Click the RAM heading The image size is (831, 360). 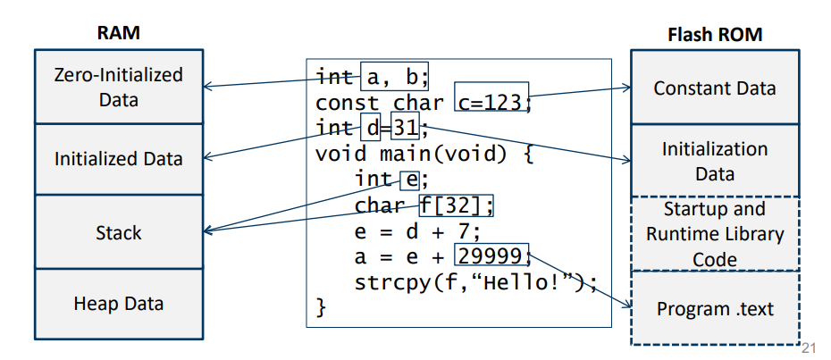click(x=119, y=33)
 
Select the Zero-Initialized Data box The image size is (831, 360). click(x=119, y=87)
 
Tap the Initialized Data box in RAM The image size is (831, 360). click(x=119, y=159)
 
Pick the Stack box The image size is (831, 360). click(x=119, y=233)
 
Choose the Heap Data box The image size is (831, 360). click(x=119, y=304)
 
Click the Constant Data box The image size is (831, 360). click(x=714, y=88)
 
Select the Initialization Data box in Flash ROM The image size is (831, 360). click(x=714, y=161)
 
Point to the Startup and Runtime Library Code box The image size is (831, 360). click(x=714, y=234)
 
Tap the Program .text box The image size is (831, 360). click(x=714, y=309)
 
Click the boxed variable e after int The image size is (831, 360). click(x=408, y=180)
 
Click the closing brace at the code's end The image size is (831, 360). click(x=322, y=309)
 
